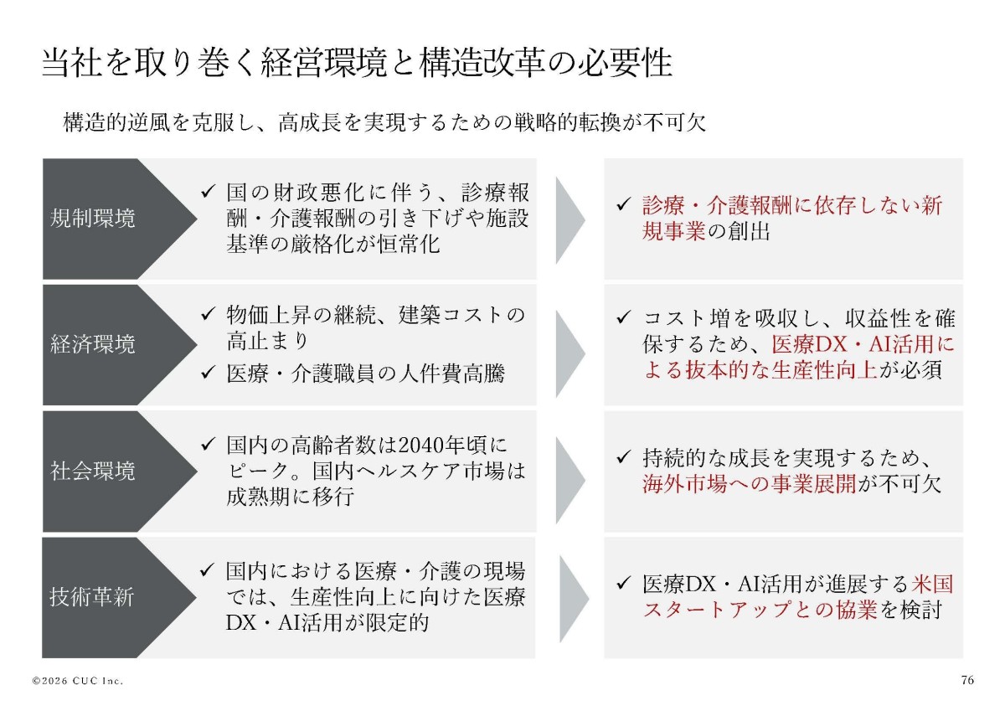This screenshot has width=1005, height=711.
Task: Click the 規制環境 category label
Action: (x=92, y=219)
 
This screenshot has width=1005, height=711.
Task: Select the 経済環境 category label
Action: (x=92, y=344)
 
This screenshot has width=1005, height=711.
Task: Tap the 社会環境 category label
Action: (x=92, y=471)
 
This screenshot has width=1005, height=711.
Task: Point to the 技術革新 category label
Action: (x=92, y=597)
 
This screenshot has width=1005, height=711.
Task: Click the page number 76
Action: (x=968, y=680)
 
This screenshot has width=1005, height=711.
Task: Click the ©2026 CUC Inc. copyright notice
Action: (x=78, y=681)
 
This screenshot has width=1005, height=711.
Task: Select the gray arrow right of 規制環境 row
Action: (x=570, y=219)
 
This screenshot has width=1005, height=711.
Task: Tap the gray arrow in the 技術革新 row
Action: (x=575, y=599)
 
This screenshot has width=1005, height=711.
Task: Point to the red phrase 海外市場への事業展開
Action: (x=750, y=483)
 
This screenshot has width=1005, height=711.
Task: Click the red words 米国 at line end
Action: (x=932, y=584)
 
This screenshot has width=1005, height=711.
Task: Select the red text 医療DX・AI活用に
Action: (x=863, y=344)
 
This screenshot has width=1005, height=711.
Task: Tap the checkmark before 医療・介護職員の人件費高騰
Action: (x=208, y=373)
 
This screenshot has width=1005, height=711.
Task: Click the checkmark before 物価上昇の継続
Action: (x=208, y=313)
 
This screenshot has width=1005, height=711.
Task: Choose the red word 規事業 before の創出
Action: (x=674, y=231)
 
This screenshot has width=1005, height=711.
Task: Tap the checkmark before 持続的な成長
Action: (x=624, y=457)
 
